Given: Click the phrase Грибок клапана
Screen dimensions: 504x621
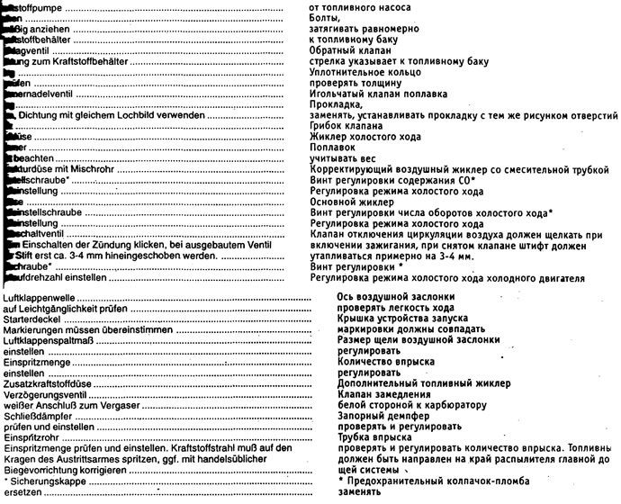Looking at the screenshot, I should pos(346,126).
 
